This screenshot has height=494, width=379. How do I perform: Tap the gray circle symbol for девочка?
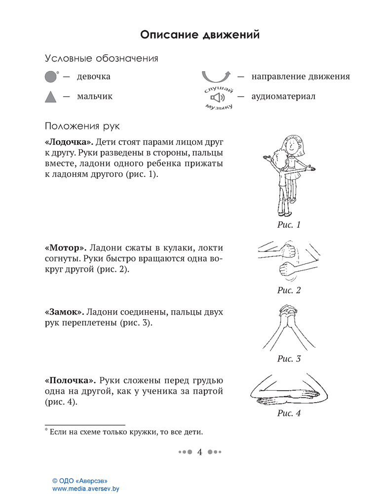pos(51,77)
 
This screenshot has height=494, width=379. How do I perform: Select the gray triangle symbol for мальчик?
pos(51,97)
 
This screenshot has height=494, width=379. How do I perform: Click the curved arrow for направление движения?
pos(216,77)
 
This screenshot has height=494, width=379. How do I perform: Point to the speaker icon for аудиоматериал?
pos(218,97)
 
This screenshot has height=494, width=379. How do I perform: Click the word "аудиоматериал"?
pos(283,96)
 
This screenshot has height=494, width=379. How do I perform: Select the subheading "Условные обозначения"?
pos(101,59)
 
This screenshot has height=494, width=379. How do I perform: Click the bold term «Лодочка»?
pos(69,143)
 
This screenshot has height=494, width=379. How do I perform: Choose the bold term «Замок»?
pos(65,313)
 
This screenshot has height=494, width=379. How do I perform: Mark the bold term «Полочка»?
pos(70,380)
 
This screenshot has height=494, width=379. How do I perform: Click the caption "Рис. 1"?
pos(289,225)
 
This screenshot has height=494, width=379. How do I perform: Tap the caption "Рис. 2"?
pos(289,290)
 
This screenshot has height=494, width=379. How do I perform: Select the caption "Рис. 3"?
pos(289,359)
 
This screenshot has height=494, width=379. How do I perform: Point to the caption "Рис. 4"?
pos(289,413)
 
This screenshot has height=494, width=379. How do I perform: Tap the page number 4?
pos(200,452)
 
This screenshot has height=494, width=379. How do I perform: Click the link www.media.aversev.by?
pos(86,488)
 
